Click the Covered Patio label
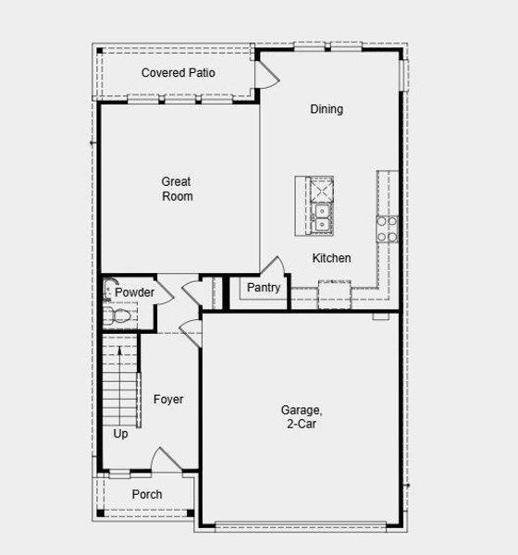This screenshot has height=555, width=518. pyautogui.click(x=179, y=72)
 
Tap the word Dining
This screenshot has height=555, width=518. pyautogui.click(x=326, y=109)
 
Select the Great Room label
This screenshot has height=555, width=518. pyautogui.click(x=176, y=189)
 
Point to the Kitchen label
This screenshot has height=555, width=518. pyautogui.click(x=331, y=258)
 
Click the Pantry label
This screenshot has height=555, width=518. pyautogui.click(x=263, y=288)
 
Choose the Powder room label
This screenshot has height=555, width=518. pyautogui.click(x=134, y=292)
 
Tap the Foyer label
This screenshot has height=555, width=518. pyautogui.click(x=168, y=400)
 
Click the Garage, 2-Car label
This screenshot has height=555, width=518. pyautogui.click(x=301, y=416)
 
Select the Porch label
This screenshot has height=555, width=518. pyautogui.click(x=146, y=494)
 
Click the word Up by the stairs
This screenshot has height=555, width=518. pyautogui.click(x=121, y=433)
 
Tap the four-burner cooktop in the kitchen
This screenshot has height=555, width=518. pyautogui.click(x=387, y=228)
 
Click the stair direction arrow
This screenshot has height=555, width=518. pyautogui.click(x=121, y=356)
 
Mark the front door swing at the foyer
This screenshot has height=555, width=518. pyautogui.click(x=164, y=460)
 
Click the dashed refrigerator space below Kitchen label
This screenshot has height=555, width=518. pyautogui.click(x=335, y=296)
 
